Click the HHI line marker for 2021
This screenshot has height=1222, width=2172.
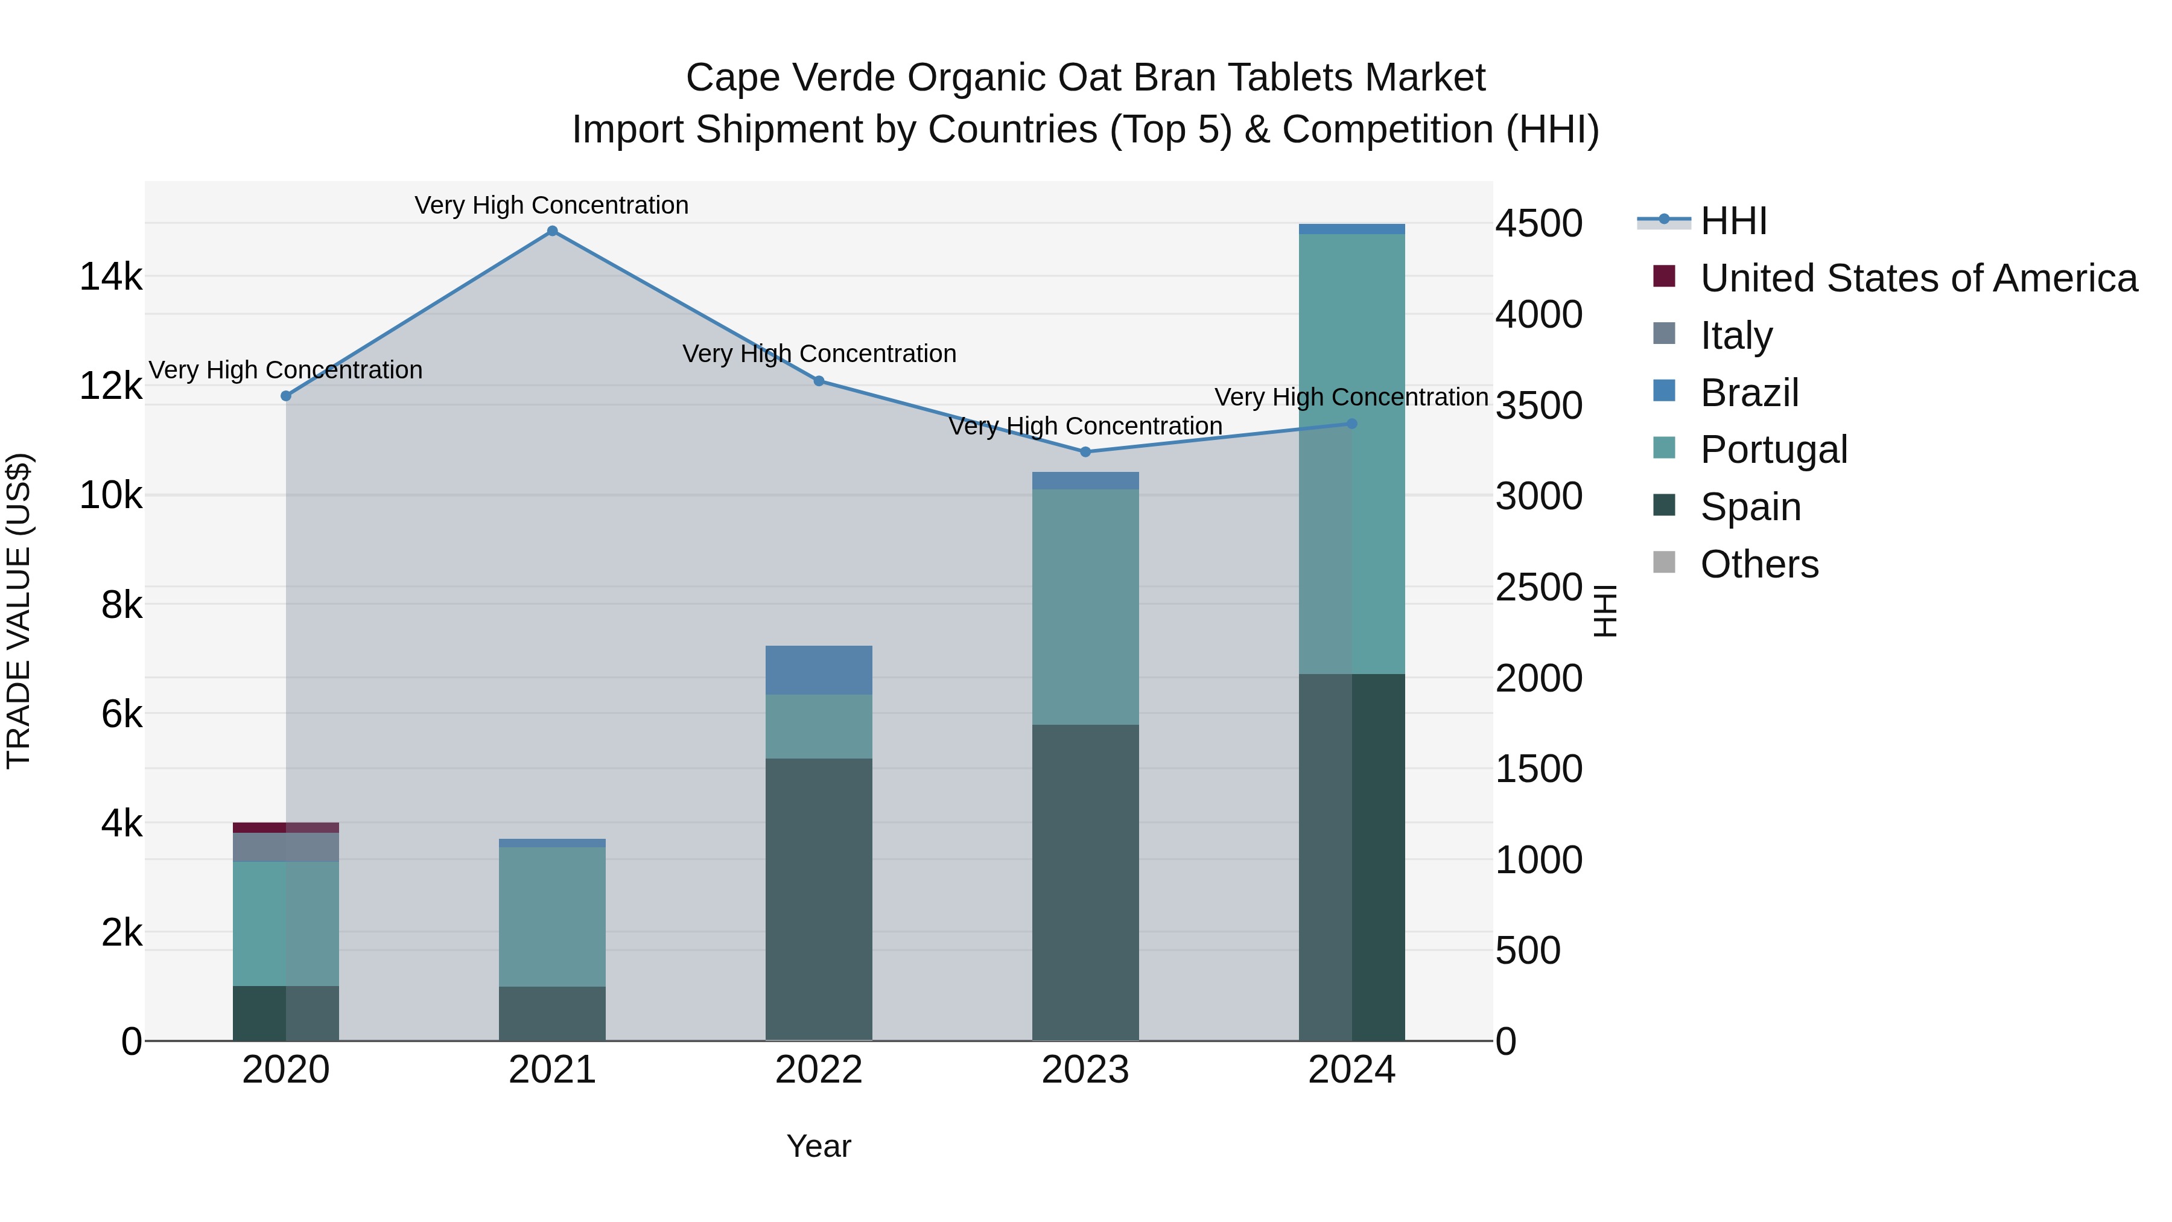coord(552,231)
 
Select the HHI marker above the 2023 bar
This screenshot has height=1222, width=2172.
coord(1085,452)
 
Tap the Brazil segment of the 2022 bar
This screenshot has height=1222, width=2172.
coord(818,670)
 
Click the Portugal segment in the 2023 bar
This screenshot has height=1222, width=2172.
coord(1085,607)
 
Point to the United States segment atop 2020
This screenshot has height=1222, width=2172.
coord(286,827)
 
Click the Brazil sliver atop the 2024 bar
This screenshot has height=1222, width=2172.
coord(1351,229)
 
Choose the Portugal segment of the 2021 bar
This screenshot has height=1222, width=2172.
coord(552,917)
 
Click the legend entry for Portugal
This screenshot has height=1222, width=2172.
coord(1773,450)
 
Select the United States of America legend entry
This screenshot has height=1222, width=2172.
coord(1918,278)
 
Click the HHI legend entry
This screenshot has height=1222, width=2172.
coord(1733,221)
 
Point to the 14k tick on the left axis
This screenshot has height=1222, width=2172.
coord(110,276)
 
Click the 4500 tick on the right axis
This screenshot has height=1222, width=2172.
coord(1539,223)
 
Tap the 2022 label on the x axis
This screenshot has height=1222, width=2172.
coord(818,1070)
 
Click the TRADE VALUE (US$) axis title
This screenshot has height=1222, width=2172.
coord(19,611)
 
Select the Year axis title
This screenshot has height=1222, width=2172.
coord(818,1146)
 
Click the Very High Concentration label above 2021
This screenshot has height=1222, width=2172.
coord(551,205)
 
